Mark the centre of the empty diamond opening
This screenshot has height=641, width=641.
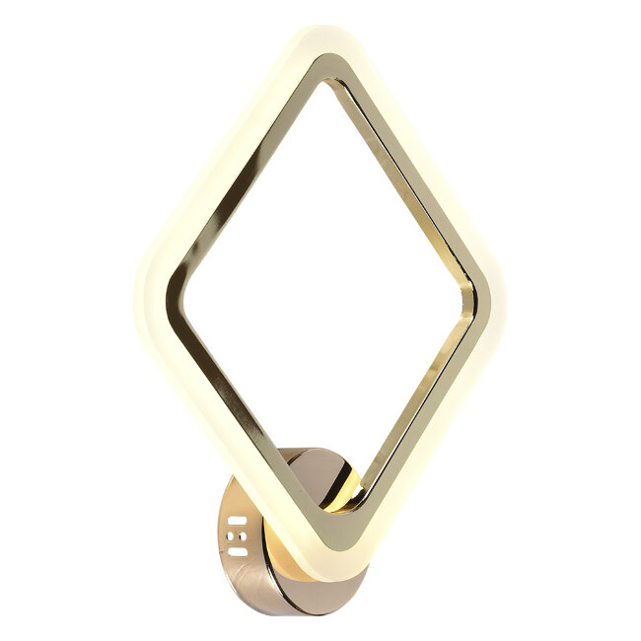325,296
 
